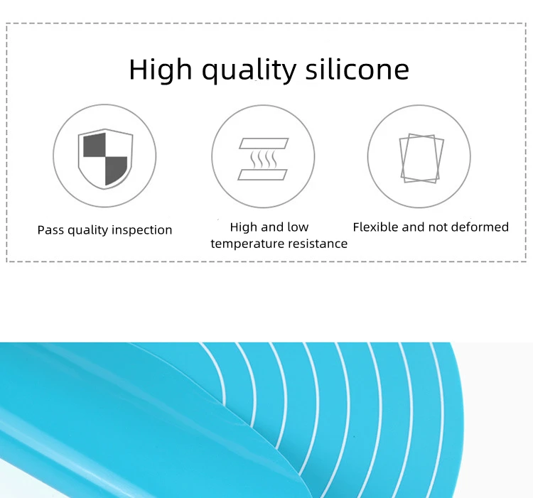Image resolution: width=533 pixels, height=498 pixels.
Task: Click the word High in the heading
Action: [160, 70]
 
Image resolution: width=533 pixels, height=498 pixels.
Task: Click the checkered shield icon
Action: [104, 157]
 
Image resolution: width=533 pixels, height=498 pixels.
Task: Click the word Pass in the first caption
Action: [50, 230]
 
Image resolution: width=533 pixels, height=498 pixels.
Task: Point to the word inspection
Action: [143, 230]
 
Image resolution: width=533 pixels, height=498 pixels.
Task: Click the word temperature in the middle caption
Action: [246, 244]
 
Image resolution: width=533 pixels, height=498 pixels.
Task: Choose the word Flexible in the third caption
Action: [375, 227]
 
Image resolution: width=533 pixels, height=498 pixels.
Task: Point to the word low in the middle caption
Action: [298, 227]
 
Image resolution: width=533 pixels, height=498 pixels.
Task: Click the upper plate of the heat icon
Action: [263, 143]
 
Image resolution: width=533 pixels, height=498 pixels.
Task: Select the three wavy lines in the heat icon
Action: [263, 159]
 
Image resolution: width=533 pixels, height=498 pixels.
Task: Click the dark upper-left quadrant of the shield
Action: [94, 146]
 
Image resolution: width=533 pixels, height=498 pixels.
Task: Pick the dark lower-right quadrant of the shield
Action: [115, 169]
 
